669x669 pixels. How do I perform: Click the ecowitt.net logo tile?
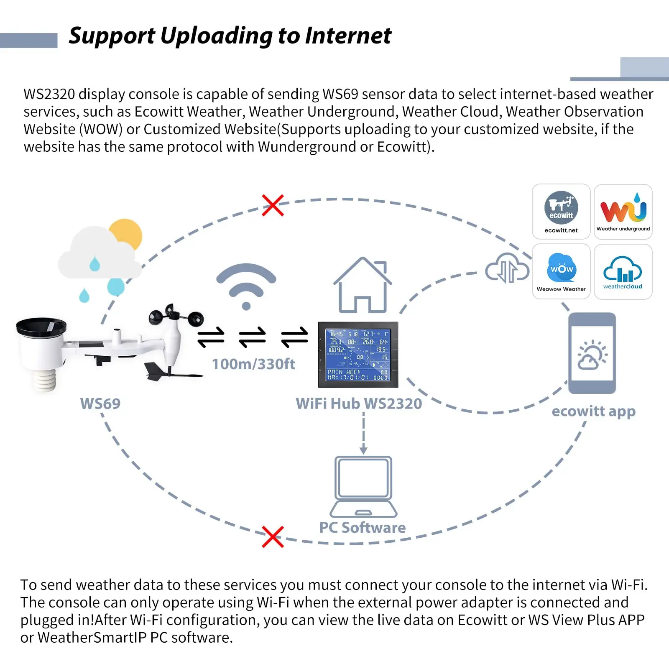pyautogui.click(x=561, y=212)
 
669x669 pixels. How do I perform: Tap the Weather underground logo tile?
pyautogui.click(x=623, y=212)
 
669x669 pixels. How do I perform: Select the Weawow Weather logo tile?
pyautogui.click(x=561, y=271)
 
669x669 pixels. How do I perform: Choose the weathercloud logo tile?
pyautogui.click(x=623, y=271)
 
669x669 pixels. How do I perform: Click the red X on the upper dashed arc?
pyautogui.click(x=273, y=205)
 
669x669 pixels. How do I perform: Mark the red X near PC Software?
pyautogui.click(x=273, y=537)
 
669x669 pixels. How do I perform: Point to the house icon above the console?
pyautogui.click(x=363, y=285)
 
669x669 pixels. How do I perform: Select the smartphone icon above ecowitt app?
pyautogui.click(x=592, y=353)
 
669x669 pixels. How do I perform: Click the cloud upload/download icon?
pyautogui.click(x=507, y=269)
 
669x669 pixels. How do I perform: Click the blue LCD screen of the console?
pyautogui.click(x=358, y=355)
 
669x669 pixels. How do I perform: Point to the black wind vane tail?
pyautogui.click(x=156, y=372)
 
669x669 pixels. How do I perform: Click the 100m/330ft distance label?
pyautogui.click(x=253, y=364)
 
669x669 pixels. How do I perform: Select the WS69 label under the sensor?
pyautogui.click(x=100, y=403)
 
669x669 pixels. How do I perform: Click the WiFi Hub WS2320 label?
pyautogui.click(x=359, y=403)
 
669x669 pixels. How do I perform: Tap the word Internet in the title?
pyautogui.click(x=348, y=36)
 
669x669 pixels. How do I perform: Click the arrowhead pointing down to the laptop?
pyautogui.click(x=363, y=450)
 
